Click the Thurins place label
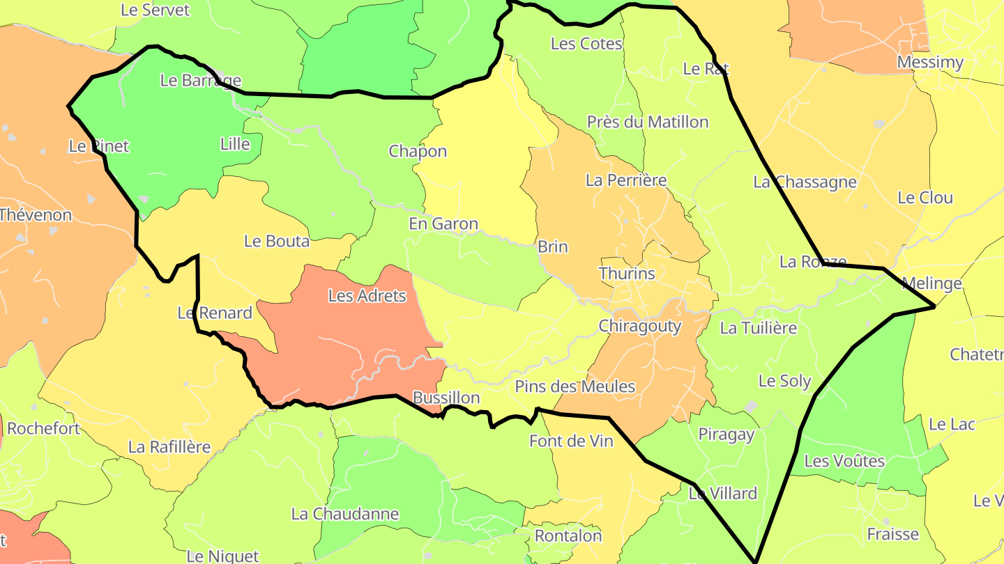coord(627,273)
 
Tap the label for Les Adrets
coord(367,296)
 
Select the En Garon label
coord(443,224)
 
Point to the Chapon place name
coord(418,151)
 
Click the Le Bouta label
coord(277,241)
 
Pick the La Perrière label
coord(626,180)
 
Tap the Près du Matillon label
coord(648,122)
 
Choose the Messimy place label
coord(930,63)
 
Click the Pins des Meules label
coord(575,386)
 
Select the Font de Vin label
coord(571,441)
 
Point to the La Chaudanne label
coord(345,514)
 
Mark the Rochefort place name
coord(43,428)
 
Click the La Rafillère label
coord(169,446)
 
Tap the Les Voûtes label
coord(844,461)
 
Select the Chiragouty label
coord(640,326)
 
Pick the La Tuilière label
coord(758,327)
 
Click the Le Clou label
coord(925,198)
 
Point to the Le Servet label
coord(155,10)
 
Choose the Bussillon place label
coord(446,398)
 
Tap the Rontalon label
coord(568,535)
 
